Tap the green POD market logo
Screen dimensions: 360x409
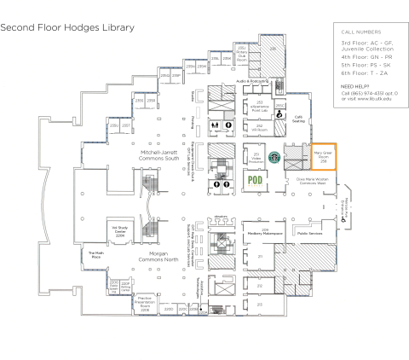[x=254, y=180]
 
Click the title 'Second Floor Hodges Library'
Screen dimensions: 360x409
[x=67, y=27]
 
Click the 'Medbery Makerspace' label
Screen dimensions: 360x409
[x=265, y=231]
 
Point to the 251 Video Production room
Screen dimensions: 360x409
[x=256, y=158]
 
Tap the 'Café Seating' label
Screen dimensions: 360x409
[x=299, y=119]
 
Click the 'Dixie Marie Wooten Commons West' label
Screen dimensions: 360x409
[x=312, y=182]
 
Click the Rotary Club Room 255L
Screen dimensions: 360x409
[x=242, y=55]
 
